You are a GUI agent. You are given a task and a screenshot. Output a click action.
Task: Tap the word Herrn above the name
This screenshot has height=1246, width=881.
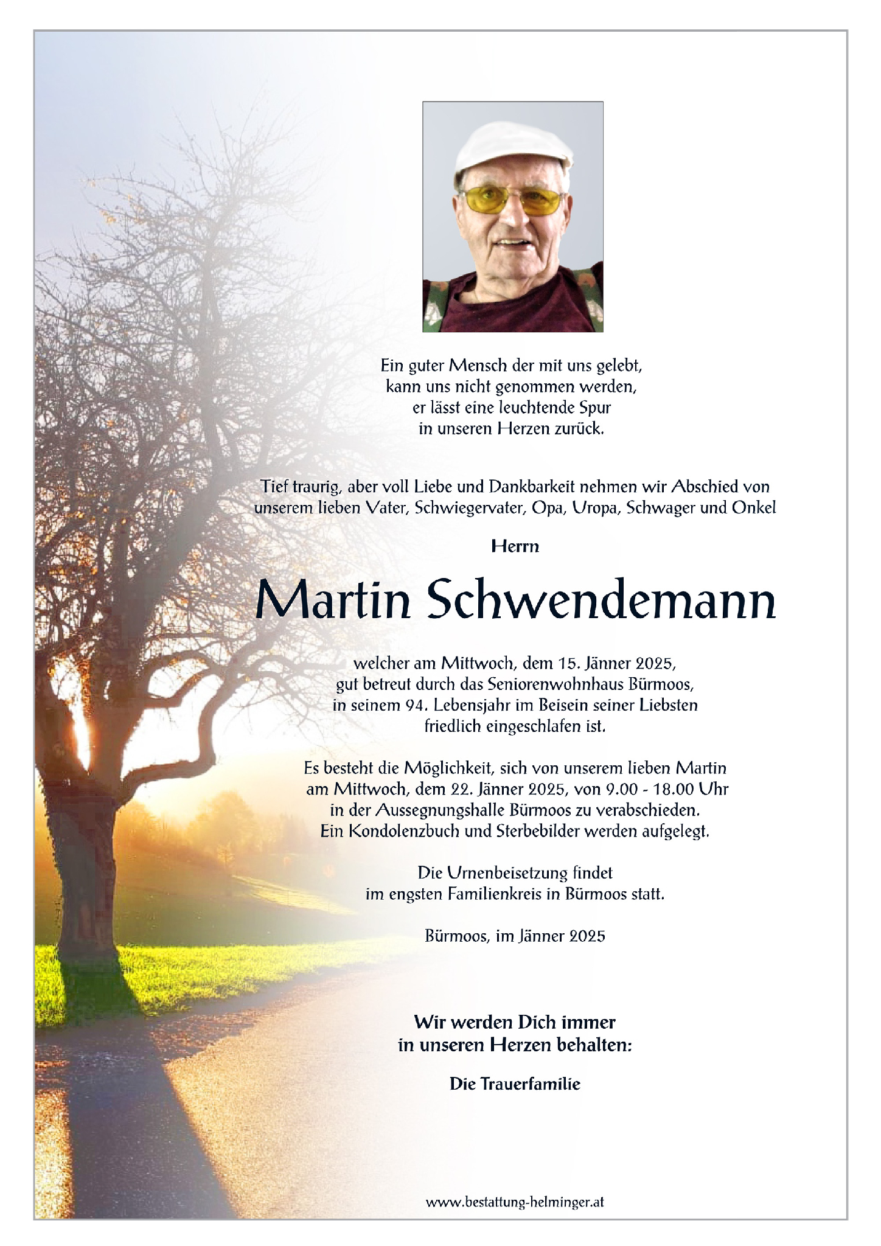pos(515,546)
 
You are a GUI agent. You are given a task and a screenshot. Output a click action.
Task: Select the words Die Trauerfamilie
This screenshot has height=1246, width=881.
pos(515,1084)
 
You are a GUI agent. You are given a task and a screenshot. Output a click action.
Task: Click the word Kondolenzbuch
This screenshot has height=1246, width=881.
pos(404,831)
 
